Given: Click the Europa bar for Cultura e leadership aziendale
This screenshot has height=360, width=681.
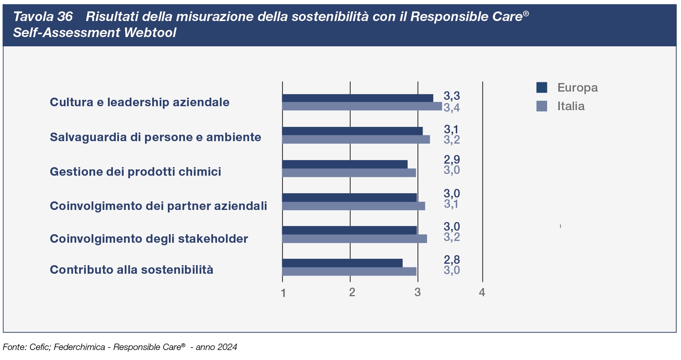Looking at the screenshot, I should coord(357,98).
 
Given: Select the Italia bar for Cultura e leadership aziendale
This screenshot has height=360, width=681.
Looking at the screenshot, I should coord(362,106).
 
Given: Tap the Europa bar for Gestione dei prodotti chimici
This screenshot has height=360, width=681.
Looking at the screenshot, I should coord(345,164).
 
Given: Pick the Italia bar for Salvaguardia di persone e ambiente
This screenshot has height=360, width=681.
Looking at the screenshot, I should coord(356,139).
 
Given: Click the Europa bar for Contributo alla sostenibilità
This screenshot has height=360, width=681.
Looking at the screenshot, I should coord(342,263).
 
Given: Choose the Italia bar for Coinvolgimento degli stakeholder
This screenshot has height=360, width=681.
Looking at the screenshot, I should coord(354,239).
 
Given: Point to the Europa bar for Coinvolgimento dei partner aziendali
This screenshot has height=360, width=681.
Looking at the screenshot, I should coord(349,197).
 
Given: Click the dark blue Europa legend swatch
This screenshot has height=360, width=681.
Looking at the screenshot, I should coord(541,87).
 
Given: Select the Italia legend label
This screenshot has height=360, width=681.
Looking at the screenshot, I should coord(571,106).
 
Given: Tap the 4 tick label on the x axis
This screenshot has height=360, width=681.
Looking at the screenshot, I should coord(482,293).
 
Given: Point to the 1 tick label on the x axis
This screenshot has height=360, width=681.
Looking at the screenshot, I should coord(283,293).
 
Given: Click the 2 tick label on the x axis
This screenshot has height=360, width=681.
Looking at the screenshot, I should coord(352,293).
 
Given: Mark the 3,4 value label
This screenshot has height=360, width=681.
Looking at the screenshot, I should coord(452,107).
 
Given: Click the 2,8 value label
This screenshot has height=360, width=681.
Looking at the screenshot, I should coord(452,259).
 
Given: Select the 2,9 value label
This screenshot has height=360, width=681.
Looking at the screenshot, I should coord(452,159).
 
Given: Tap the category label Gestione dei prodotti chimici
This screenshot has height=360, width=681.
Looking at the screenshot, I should coord(135,172).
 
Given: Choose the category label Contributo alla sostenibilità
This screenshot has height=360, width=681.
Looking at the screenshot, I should coord(131,270).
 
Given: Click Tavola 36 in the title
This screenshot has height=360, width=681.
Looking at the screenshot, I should coord(43,16).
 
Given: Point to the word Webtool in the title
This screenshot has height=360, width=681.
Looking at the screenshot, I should coord(150,33).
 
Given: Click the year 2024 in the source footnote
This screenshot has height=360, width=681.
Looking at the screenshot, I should coord(227,347).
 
